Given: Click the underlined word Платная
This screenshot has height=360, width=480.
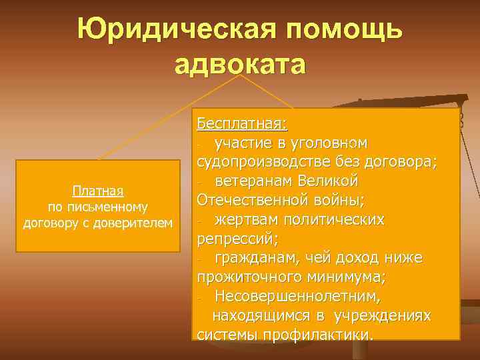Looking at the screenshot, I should tap(98, 192).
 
